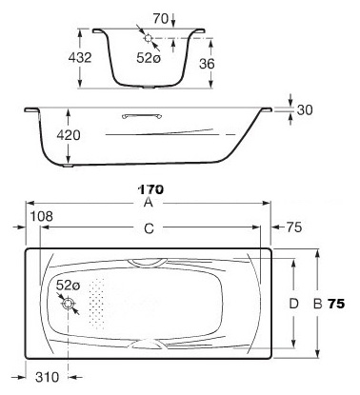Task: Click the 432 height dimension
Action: (80, 57)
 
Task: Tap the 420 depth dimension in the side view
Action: (69, 135)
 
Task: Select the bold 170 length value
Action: (150, 189)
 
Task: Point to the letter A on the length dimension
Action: (149, 202)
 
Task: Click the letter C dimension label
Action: (149, 228)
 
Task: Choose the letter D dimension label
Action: (294, 304)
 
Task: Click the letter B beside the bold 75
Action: (318, 304)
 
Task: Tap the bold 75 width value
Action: (336, 304)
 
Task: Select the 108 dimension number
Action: (41, 216)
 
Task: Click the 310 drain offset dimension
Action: (47, 377)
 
